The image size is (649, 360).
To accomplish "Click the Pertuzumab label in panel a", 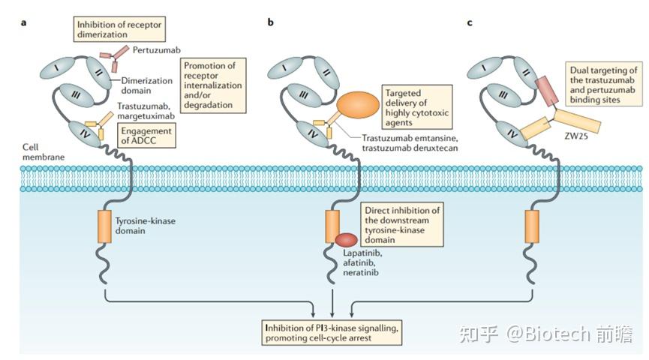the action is pyautogui.click(x=157, y=50).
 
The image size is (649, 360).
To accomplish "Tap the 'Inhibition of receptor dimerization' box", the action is pyautogui.click(x=119, y=29).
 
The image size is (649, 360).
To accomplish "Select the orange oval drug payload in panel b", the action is pyautogui.click(x=358, y=105).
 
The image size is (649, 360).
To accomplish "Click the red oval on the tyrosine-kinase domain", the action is pyautogui.click(x=346, y=240).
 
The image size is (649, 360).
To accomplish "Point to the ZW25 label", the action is pyautogui.click(x=575, y=136).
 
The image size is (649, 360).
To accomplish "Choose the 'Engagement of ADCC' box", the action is pyautogui.click(x=146, y=135).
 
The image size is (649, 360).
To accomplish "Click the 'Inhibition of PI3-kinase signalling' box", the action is pyautogui.click(x=332, y=333).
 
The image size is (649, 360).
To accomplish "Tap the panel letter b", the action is pyautogui.click(x=270, y=22).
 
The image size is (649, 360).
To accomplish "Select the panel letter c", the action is pyautogui.click(x=470, y=22).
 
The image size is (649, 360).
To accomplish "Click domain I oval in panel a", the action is pyautogui.click(x=57, y=67).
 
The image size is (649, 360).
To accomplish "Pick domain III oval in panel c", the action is pyautogui.click(x=503, y=95).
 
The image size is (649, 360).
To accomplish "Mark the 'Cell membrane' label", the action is pyautogui.click(x=44, y=151).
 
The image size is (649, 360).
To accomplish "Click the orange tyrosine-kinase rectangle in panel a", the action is pyautogui.click(x=105, y=226).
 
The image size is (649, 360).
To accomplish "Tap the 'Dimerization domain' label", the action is pyautogui.click(x=146, y=85).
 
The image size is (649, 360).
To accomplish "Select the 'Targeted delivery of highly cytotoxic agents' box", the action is pyautogui.click(x=417, y=107).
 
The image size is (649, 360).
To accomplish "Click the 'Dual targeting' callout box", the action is pyautogui.click(x=603, y=85).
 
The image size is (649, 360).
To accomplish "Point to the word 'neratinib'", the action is pyautogui.click(x=360, y=272).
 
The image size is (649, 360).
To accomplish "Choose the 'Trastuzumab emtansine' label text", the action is pyautogui.click(x=410, y=138).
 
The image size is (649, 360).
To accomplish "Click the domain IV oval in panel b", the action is pyautogui.click(x=313, y=133).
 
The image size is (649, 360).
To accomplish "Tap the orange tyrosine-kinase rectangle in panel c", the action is pyautogui.click(x=532, y=226).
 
